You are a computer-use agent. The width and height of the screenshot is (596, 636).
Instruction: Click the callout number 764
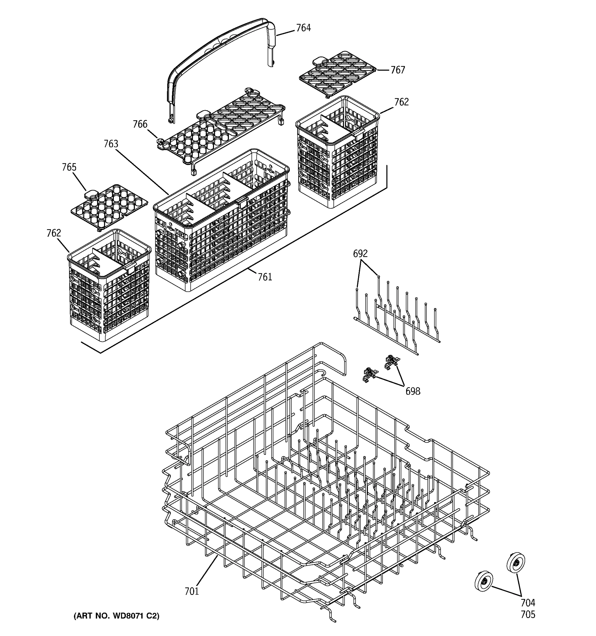coord(303,28)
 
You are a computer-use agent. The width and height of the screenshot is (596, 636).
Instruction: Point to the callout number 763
coord(111,144)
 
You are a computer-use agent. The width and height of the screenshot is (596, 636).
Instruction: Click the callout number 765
coord(69,167)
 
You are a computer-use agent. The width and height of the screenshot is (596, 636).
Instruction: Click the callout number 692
coord(360,254)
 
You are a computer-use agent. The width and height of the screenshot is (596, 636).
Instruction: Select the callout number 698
coord(413,391)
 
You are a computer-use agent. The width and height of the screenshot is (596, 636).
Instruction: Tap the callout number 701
coord(192,591)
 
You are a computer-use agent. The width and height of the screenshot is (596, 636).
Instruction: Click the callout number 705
coord(528,615)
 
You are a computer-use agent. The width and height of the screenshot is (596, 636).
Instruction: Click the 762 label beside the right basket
coord(401,102)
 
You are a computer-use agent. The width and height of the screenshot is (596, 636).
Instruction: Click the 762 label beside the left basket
coord(54,233)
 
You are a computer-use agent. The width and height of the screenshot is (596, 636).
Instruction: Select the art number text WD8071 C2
coord(116,616)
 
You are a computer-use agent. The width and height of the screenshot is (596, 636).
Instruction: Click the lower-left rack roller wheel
coord(483,581)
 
